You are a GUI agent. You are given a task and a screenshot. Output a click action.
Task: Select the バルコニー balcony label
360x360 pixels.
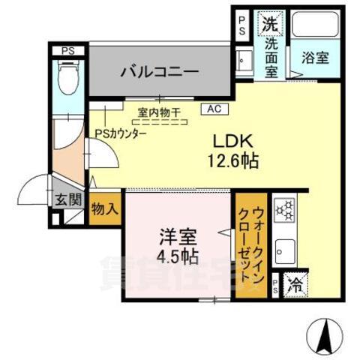click(159, 72)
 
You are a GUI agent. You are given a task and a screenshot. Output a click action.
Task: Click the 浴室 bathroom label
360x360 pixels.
click(313, 56)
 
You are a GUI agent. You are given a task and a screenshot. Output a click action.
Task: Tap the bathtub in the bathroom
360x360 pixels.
click(313, 27)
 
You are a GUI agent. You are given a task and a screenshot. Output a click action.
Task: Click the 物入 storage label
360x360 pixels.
click(105, 207)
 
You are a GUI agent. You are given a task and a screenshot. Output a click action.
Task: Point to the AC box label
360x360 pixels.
click(214, 108)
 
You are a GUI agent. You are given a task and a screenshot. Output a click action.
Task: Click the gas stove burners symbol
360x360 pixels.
click(286, 210)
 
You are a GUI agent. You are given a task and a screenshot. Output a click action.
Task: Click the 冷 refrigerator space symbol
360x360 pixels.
click(295, 285)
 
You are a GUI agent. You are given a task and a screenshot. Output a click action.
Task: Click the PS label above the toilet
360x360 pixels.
click(68, 51)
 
